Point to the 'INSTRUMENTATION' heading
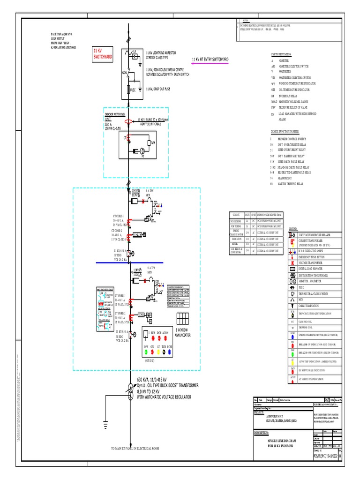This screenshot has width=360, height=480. pyautogui.click(x=281, y=55)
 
